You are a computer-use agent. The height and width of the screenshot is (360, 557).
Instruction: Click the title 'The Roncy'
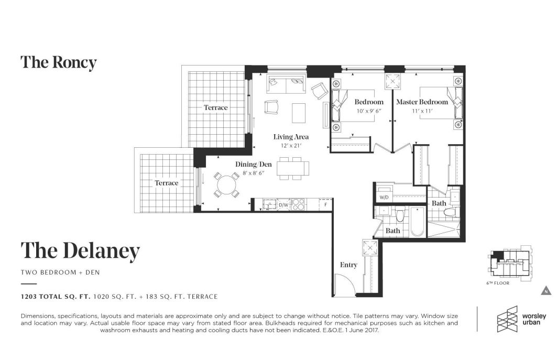[59, 62]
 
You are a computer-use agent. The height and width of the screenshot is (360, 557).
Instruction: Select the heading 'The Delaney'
[80, 250]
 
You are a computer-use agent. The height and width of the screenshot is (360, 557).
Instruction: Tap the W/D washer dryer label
[384, 198]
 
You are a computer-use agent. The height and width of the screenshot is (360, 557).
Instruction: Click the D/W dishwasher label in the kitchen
[283, 205]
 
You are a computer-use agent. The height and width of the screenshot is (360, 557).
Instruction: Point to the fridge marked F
[325, 205]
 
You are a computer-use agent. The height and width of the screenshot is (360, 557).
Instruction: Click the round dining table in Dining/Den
[226, 185]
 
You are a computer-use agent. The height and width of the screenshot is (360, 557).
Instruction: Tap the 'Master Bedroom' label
[422, 102]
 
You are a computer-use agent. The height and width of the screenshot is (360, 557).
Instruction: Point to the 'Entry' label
[348, 265]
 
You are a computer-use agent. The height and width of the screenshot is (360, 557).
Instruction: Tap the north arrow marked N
[545, 291]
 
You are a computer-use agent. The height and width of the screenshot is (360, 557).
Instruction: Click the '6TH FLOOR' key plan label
[497, 283]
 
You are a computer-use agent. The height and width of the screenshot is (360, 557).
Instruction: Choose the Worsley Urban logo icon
[506, 319]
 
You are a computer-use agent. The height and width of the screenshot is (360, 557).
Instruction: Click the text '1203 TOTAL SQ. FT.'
[55, 297]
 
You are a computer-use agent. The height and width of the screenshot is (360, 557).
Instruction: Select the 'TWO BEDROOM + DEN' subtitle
[60, 272]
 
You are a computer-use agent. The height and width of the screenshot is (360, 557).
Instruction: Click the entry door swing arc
[346, 286]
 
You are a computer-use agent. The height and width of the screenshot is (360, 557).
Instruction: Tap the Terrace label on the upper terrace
[216, 107]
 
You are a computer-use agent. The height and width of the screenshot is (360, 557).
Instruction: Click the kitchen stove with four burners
[298, 204]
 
